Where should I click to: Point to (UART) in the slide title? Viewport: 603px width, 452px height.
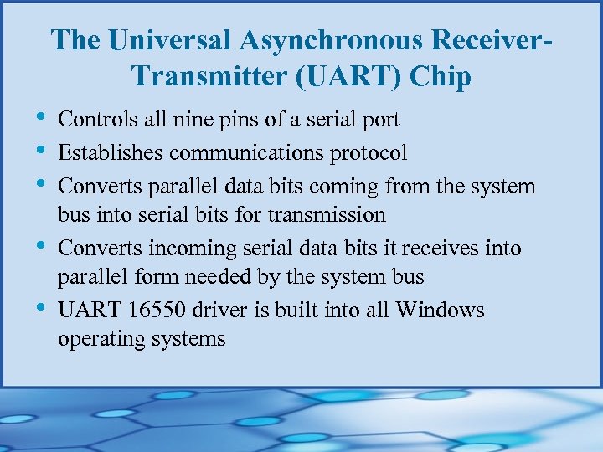point(358,76)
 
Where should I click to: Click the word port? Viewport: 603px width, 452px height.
point(381,120)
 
